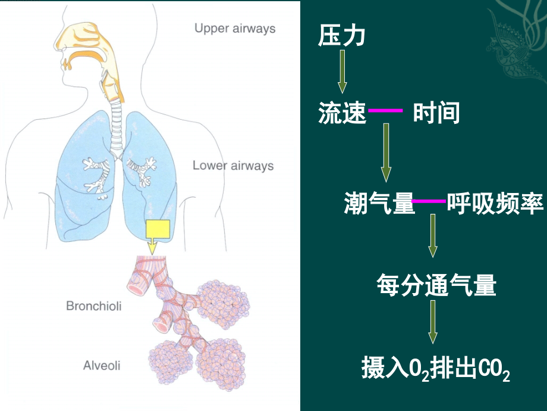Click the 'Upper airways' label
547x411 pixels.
[235, 28]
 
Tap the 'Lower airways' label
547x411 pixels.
[233, 166]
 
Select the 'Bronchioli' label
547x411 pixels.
[93, 306]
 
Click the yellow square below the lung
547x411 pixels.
[157, 229]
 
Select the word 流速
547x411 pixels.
[342, 113]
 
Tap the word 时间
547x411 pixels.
[436, 113]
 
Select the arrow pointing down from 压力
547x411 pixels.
[342, 71]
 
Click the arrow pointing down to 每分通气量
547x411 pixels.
[433, 235]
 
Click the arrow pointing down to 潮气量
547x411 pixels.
[386, 152]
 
